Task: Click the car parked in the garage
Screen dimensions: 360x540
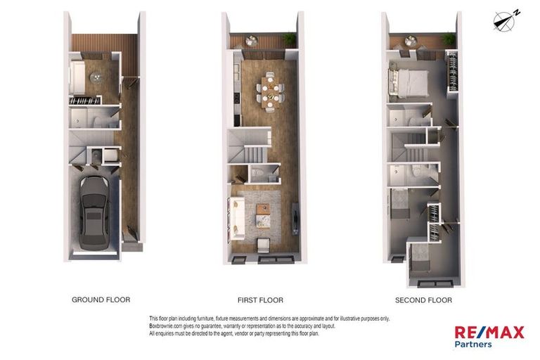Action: [94, 212]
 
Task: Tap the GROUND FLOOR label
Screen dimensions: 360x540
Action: [101, 300]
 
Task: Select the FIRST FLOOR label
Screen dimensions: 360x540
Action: [261, 300]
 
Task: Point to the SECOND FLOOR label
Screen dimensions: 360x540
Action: [423, 300]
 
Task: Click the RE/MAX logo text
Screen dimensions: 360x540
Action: [489, 332]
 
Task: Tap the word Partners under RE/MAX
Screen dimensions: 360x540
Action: [473, 344]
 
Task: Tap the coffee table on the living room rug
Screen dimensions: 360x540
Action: [263, 209]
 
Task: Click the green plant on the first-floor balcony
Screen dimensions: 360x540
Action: [289, 38]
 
